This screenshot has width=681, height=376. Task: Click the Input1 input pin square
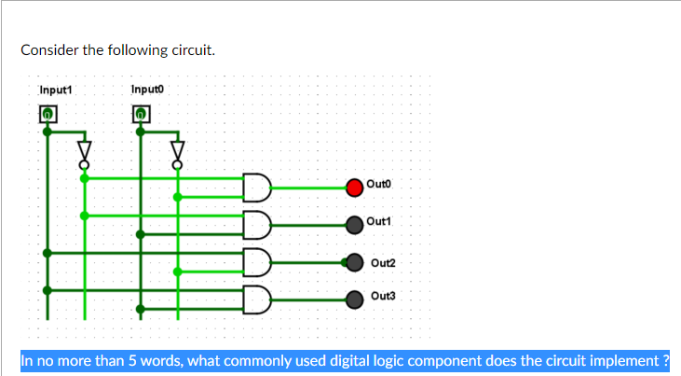48,114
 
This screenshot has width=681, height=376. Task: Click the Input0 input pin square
141,114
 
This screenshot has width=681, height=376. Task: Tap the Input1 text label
56,90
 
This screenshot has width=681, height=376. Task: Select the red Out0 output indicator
355,187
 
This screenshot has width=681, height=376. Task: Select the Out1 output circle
355,224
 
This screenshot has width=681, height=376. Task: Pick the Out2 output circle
355,262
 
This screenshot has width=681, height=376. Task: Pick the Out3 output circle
355,299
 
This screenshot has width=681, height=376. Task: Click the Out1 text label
379,221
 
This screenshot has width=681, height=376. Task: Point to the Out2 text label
383,262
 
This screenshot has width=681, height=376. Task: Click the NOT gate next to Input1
85,151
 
